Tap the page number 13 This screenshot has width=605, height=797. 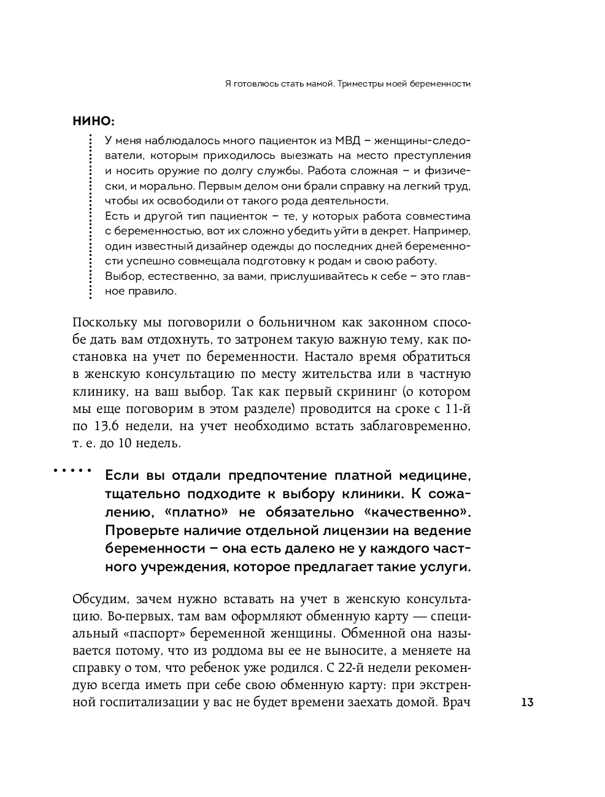tap(527, 703)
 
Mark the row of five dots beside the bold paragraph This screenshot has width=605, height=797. tap(72, 471)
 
